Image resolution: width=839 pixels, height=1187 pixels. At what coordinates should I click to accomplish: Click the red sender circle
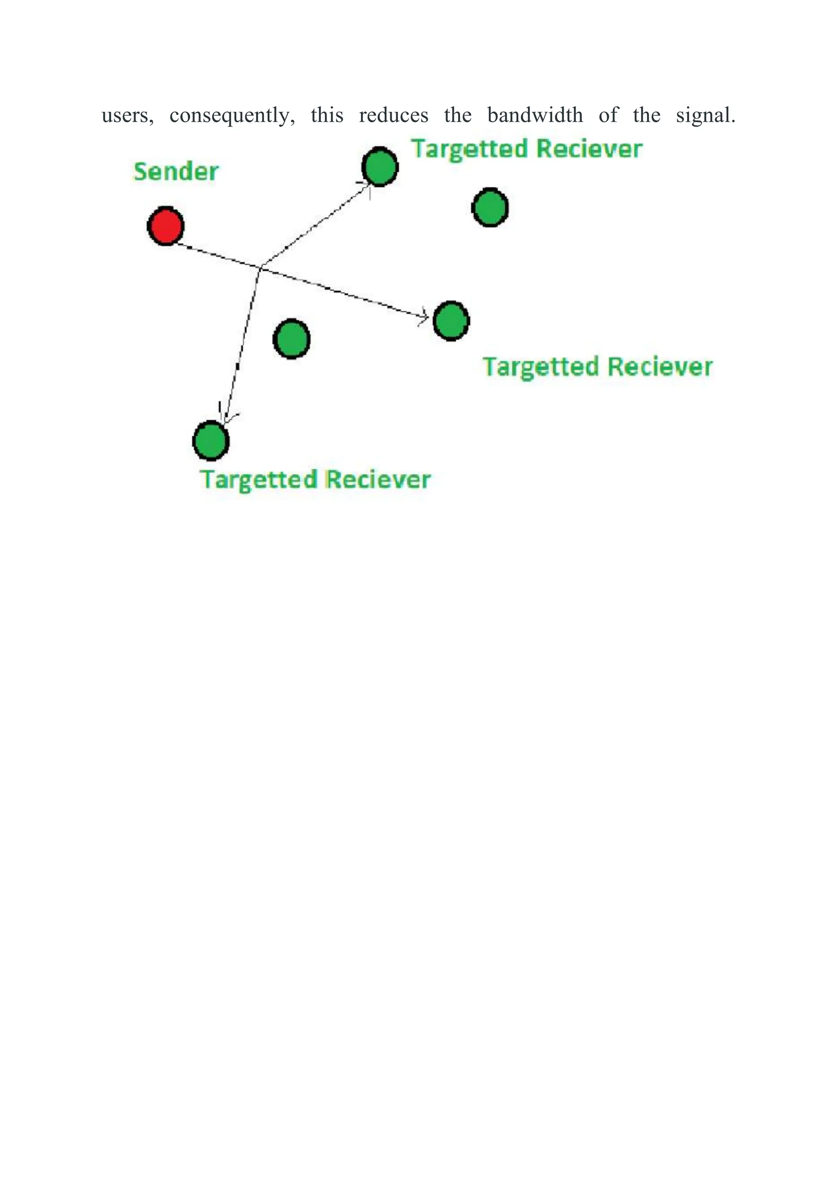click(166, 226)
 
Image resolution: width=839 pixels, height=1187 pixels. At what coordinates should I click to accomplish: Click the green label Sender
click(176, 171)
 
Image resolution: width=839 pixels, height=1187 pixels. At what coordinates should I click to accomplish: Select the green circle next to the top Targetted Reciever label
click(380, 166)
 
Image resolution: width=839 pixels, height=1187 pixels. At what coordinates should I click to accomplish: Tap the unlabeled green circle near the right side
click(490, 207)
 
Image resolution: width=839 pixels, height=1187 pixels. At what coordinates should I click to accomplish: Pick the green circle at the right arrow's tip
click(451, 321)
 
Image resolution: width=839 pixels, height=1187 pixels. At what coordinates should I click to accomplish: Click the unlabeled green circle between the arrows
click(291, 339)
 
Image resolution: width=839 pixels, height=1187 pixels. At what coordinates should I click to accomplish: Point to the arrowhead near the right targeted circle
click(425, 317)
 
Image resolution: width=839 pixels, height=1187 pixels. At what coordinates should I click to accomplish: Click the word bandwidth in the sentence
click(535, 115)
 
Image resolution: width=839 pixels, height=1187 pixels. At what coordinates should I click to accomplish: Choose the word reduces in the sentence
click(394, 115)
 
